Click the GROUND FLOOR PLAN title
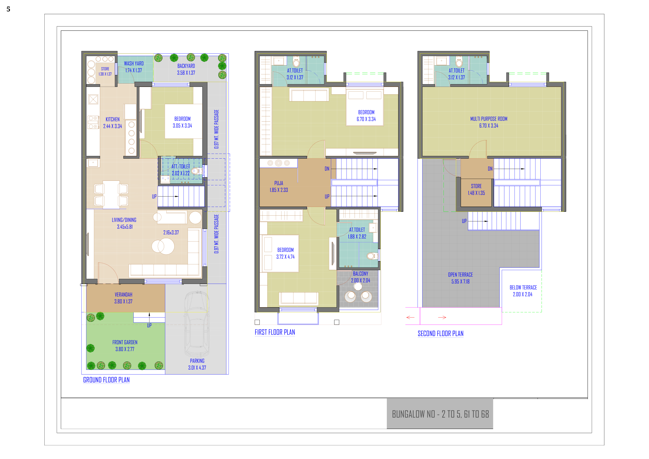click(x=106, y=380)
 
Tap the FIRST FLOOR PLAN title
click(x=275, y=332)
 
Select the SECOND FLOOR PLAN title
click(x=441, y=334)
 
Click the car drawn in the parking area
click(x=197, y=324)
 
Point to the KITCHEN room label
click(x=112, y=119)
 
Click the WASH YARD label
click(x=134, y=64)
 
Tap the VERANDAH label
click(x=124, y=295)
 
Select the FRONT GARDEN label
click(x=125, y=342)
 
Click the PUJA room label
click(x=279, y=183)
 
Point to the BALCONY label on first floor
click(x=361, y=274)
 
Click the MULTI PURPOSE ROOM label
click(x=489, y=119)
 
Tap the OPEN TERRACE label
click(x=460, y=275)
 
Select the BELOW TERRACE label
click(x=523, y=288)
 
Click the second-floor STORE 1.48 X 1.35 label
click(x=476, y=190)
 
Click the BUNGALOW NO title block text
click(x=440, y=414)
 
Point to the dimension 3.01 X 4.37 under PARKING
click(x=197, y=368)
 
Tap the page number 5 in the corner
click(x=8, y=9)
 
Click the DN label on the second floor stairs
click(x=490, y=169)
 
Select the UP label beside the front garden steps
click(x=149, y=325)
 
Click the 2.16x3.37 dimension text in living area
click(x=171, y=232)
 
